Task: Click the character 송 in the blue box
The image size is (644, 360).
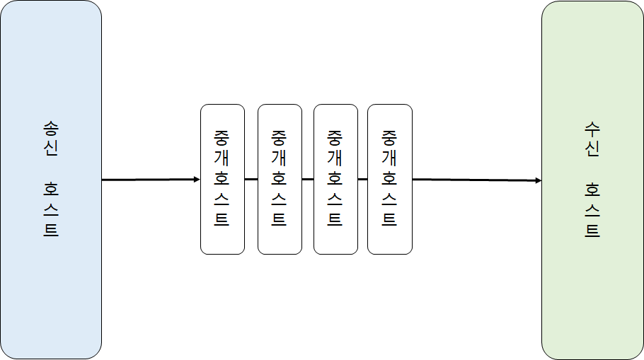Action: coord(51,129)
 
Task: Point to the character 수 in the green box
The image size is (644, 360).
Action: coord(592,129)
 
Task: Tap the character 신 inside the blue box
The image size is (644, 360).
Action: coord(51,149)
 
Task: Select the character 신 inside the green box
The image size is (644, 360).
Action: coord(592,149)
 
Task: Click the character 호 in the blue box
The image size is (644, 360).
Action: coord(51,190)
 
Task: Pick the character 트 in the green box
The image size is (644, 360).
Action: coord(592,230)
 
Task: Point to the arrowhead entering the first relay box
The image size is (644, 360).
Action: coord(197,180)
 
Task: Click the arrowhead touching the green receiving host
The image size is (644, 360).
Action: coord(538,180)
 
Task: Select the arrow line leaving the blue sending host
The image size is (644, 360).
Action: coord(149,180)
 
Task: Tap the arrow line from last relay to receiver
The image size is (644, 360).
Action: coord(474,180)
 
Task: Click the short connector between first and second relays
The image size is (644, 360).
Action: coord(251,180)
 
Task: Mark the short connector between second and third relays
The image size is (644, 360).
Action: coord(308,180)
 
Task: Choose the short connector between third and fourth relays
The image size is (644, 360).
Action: coord(363,180)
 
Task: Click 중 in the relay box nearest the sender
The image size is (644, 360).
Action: coord(222,135)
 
